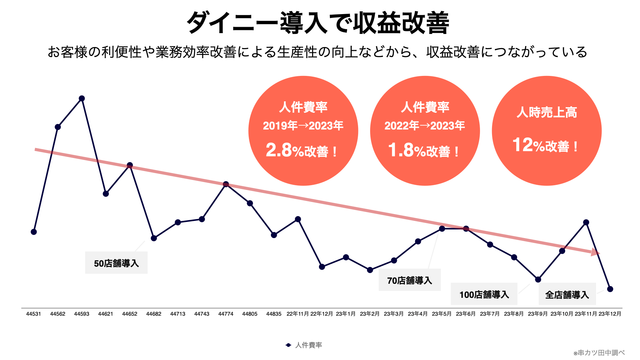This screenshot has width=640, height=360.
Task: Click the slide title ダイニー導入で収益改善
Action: (x=318, y=23)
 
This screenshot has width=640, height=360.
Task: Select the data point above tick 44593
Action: (x=82, y=99)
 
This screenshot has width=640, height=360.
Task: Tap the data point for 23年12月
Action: (x=610, y=289)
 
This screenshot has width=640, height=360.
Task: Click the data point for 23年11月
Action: (x=586, y=222)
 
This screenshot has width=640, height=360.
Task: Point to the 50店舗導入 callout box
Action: (x=116, y=263)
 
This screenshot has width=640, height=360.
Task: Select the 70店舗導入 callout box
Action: (x=409, y=280)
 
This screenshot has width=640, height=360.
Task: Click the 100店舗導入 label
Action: (x=484, y=294)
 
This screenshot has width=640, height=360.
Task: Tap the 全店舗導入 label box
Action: (x=567, y=294)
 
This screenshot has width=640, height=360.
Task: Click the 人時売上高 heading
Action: (x=547, y=112)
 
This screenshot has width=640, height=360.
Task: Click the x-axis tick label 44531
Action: (x=34, y=314)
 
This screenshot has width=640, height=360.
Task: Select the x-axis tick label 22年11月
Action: (x=298, y=314)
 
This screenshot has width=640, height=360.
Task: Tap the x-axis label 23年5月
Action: (x=442, y=314)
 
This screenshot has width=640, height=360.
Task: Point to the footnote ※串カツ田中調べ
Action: (x=599, y=353)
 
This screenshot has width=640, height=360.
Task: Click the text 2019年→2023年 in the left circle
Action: (x=303, y=126)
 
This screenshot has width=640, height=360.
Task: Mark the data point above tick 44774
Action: (x=226, y=184)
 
